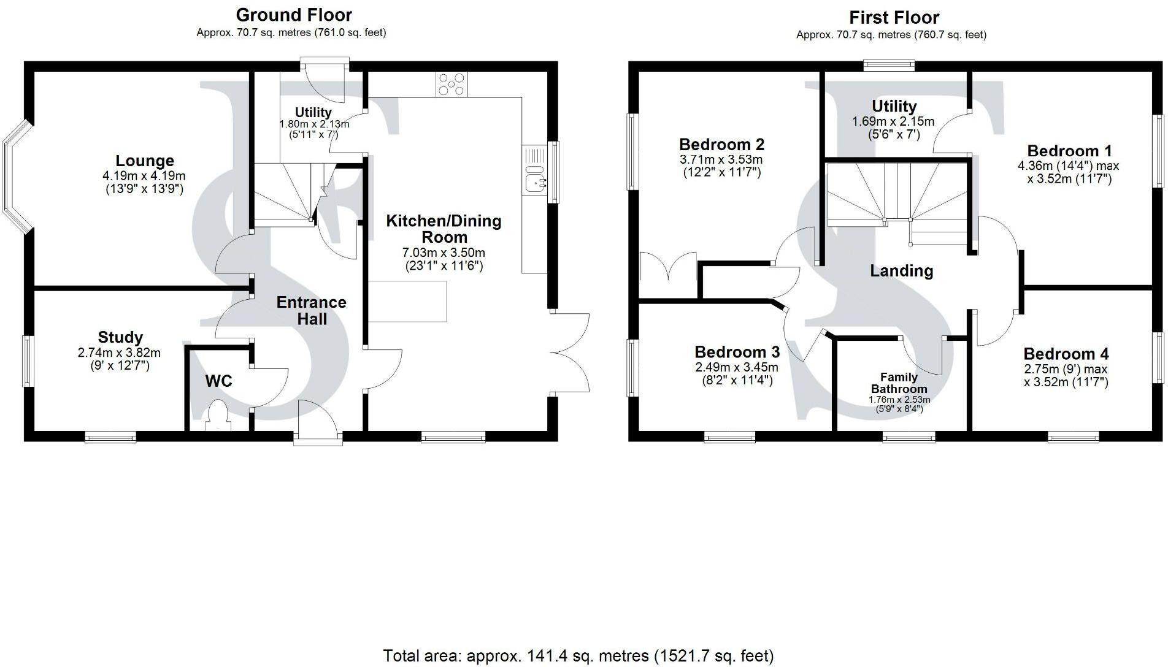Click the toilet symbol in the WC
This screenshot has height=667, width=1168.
(217, 413)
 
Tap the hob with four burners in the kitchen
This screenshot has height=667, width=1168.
(451, 84)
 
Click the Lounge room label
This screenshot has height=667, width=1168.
(145, 161)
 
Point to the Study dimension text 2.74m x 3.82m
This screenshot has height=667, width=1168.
(119, 353)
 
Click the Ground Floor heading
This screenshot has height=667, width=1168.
(294, 15)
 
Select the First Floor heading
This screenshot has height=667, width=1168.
(894, 17)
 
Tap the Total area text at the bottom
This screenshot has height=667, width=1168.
(578, 656)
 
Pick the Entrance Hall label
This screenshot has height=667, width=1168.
(311, 310)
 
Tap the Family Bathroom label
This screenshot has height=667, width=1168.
(899, 383)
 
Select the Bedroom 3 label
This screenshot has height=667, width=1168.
(737, 353)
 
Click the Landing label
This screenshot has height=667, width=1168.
(901, 271)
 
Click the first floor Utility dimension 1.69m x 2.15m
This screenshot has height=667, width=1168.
(893, 121)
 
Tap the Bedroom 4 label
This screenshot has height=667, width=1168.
(1066, 354)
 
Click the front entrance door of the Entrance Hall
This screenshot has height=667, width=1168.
(317, 422)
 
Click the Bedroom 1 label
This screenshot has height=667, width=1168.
(1069, 151)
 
